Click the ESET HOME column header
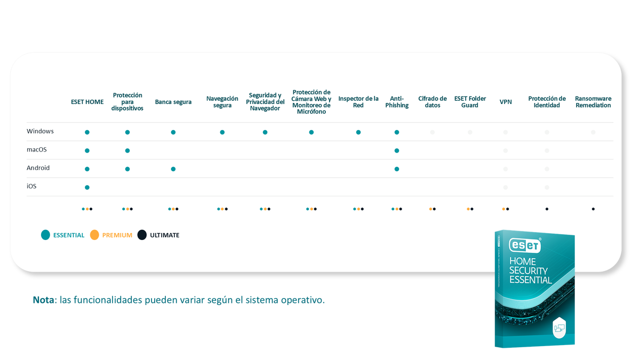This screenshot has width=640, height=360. coord(87,102)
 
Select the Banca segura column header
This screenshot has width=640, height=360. coord(173,102)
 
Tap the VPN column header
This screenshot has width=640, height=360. coord(506,102)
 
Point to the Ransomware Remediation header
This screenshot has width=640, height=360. coord(593,102)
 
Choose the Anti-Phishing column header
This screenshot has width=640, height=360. coord(397,102)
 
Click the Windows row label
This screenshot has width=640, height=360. coord(41,131)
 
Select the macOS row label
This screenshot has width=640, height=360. coord(37,150)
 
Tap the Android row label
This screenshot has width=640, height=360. coord(38,168)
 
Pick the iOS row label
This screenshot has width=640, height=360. coord(31,187)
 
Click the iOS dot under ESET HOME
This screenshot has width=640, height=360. coord(87,187)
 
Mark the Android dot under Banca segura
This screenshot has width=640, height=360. coord(173,169)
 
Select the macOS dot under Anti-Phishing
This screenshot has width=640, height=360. coord(397,150)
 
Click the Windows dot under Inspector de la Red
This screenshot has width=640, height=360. coord(358,132)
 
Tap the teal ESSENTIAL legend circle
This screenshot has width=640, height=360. coord(45,235)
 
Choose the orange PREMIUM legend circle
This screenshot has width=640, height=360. coord(94,235)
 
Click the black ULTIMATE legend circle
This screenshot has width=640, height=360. coord(142,235)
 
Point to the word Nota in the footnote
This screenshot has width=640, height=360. coord(44,300)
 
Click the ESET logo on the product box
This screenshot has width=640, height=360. coord(525,245)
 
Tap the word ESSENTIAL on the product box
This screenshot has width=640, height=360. coord(530,280)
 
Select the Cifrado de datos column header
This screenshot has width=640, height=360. coord(433,102)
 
